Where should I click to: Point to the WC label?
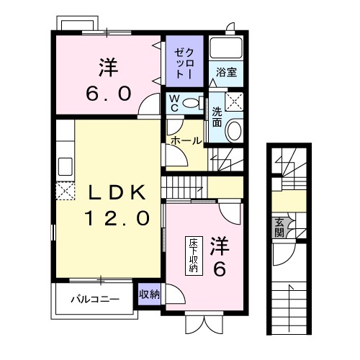pyautogui.click(x=174, y=103)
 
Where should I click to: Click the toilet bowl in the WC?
pyautogui.click(x=192, y=103)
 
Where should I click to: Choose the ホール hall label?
pyautogui.click(x=186, y=141)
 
